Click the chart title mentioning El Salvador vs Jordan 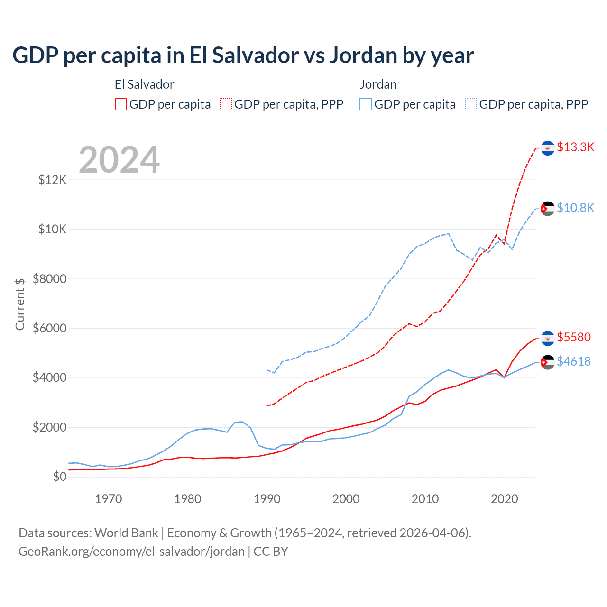pos(243,55)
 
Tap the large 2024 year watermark pos(119,160)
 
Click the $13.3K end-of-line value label pos(575,147)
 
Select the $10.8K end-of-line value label pos(575,208)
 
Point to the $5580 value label pos(574,337)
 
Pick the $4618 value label pos(574,361)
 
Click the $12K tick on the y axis pos(53,180)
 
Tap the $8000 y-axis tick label pos(49,279)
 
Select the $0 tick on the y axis pos(59,477)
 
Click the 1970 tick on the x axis pos(109,499)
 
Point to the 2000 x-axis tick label pos(346,499)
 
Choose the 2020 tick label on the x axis pos(504,499)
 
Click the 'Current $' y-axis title pos(20,304)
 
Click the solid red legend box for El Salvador pos(121,104)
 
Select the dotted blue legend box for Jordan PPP pos(471,104)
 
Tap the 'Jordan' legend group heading pos(378,84)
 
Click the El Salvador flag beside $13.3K pos(548,148)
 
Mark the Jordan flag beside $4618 pos(548,362)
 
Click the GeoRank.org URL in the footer pos(131,552)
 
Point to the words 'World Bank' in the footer pos(126,533)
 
